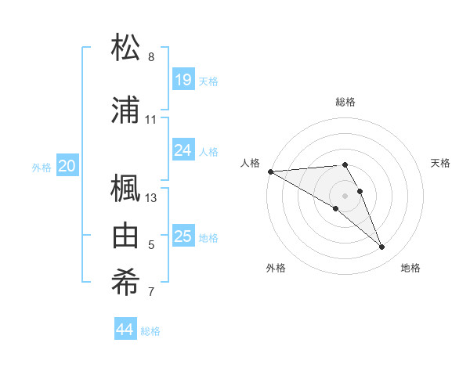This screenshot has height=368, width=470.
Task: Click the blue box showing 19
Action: pyautogui.click(x=183, y=79)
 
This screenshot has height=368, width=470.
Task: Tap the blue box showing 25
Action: pyautogui.click(x=183, y=236)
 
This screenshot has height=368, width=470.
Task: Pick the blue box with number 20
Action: pyautogui.click(x=67, y=165)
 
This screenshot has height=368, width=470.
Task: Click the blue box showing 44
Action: pyautogui.click(x=125, y=329)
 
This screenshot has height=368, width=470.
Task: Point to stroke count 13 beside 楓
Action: pyautogui.click(x=151, y=197)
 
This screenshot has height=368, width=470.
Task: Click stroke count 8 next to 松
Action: pyautogui.click(x=151, y=56)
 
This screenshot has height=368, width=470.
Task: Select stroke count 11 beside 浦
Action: pyautogui.click(x=151, y=120)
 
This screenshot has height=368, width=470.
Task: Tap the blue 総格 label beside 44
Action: pyautogui.click(x=150, y=331)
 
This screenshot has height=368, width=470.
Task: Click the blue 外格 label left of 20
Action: pyautogui.click(x=42, y=167)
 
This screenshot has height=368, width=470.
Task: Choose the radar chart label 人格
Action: pyautogui.click(x=251, y=163)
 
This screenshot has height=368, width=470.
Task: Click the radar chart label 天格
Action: pyautogui.click(x=441, y=163)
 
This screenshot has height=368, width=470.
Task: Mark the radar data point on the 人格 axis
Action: pyautogui.click(x=270, y=171)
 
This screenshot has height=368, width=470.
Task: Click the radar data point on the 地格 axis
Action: pyautogui.click(x=382, y=247)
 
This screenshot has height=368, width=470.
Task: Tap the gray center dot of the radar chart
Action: pyautogui.click(x=345, y=195)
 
